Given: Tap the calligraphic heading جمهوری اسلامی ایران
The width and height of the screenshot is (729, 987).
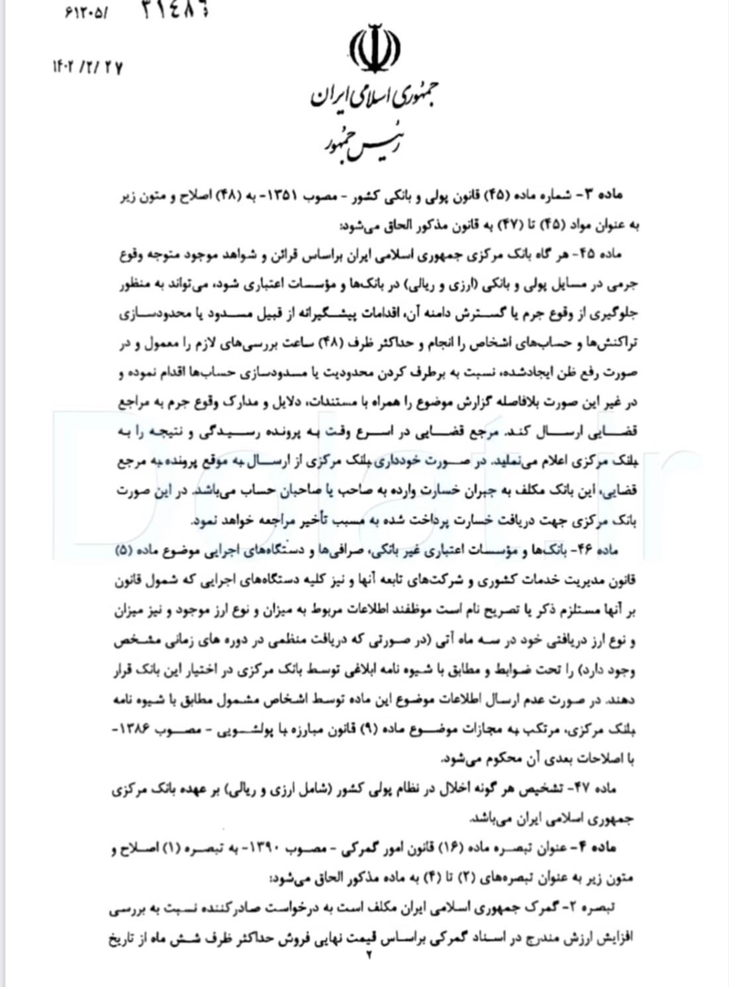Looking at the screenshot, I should pos(374,97).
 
